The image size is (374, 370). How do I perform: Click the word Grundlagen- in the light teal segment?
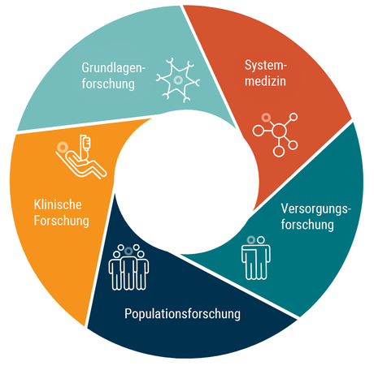click(x=114, y=68)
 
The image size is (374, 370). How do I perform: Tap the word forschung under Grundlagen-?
click(x=108, y=84)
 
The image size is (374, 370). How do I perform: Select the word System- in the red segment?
click(x=266, y=66)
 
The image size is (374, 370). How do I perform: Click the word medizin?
click(x=265, y=81)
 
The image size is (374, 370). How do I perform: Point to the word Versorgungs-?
click(x=316, y=209)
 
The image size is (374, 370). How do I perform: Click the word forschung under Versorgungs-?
click(x=307, y=225)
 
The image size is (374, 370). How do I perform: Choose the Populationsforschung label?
click(x=182, y=314)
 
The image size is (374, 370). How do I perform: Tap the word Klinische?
click(x=58, y=204)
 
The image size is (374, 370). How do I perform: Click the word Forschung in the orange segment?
click(x=62, y=221)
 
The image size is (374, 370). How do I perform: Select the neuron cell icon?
click(x=178, y=80)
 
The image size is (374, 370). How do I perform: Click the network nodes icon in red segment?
click(x=275, y=135)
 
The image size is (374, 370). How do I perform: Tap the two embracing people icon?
click(x=256, y=258)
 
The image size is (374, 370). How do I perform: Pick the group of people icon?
click(x=128, y=267)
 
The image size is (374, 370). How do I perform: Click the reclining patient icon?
click(x=80, y=157)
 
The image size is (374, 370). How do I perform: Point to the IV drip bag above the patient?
click(x=87, y=144)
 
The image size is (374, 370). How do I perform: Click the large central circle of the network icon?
click(x=279, y=131)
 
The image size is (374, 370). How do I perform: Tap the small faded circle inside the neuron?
click(x=178, y=80)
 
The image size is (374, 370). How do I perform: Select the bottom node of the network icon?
click(x=279, y=152)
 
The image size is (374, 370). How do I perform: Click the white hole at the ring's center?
click(x=186, y=182)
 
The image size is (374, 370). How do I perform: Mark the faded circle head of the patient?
click(x=63, y=148)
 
